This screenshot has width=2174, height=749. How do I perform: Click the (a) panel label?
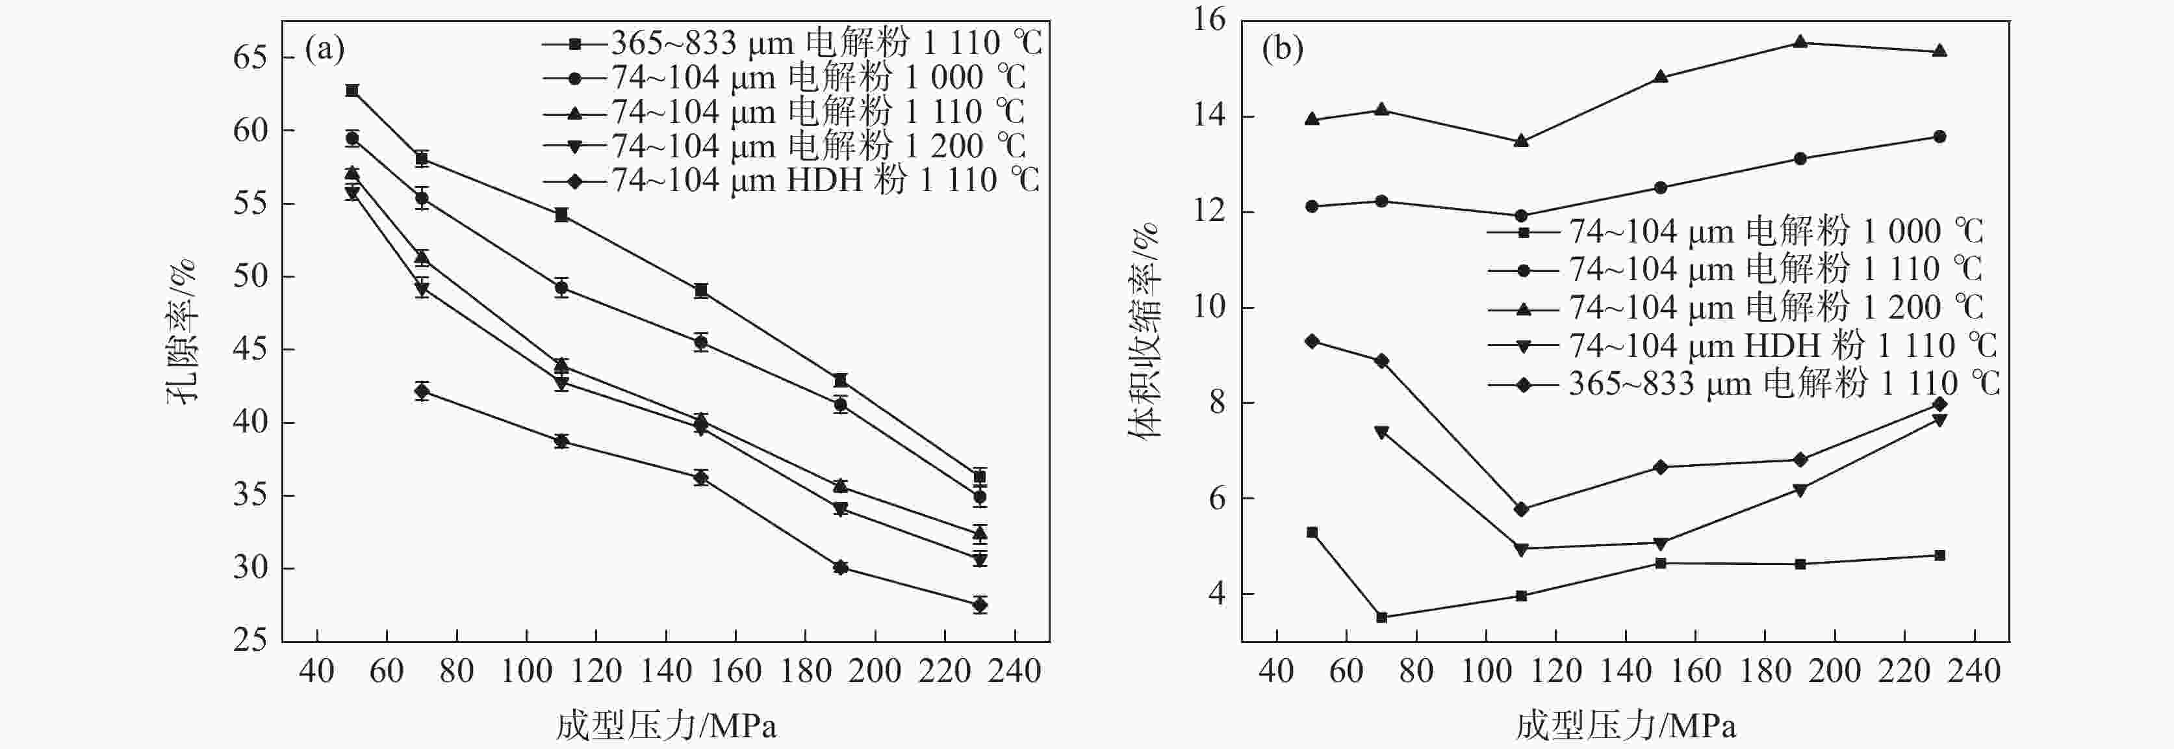(x=324, y=50)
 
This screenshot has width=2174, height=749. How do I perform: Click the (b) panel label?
(x=1283, y=50)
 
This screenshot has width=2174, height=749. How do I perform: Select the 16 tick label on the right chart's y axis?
(x=1208, y=20)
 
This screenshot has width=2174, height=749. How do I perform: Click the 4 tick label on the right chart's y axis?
(x=1216, y=594)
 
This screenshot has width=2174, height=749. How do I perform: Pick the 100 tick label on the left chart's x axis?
(x=527, y=672)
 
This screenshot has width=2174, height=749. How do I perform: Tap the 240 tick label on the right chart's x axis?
(x=1974, y=672)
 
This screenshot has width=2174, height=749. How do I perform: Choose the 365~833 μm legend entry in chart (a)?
(x=791, y=42)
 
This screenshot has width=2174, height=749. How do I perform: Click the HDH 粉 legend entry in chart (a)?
(x=791, y=181)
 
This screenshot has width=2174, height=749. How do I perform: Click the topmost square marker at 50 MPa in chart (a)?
(x=352, y=90)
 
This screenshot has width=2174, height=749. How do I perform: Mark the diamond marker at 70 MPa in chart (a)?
(x=422, y=391)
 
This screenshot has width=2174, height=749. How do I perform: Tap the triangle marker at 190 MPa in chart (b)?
(x=1799, y=42)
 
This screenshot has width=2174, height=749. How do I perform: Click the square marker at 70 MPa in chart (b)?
(x=1381, y=617)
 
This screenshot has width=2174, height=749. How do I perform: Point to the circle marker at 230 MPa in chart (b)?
(x=1939, y=137)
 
